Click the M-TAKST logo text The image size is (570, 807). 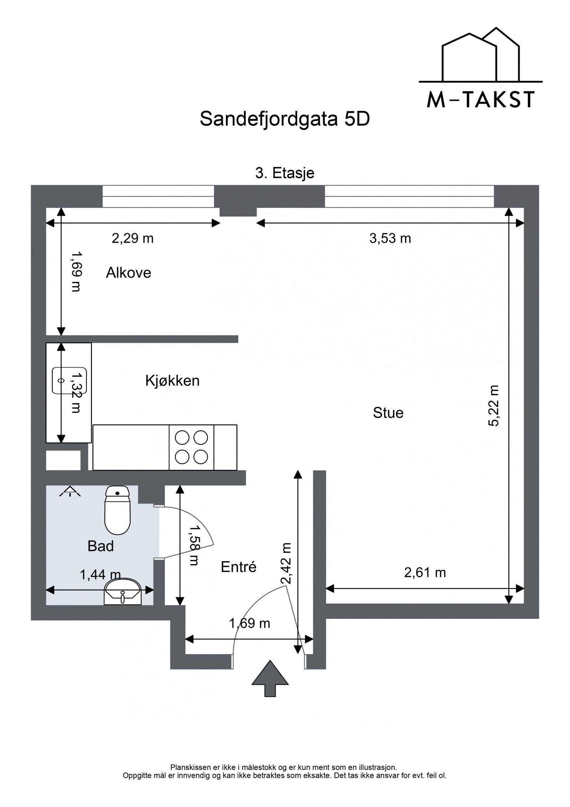click(480, 100)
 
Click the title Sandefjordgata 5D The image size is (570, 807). click(285, 119)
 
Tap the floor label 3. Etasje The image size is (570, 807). click(285, 173)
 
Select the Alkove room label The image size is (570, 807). click(128, 273)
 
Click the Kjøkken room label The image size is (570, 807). click(172, 381)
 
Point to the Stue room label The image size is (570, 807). click(388, 413)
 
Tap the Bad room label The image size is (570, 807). click(100, 546)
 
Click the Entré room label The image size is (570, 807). click(238, 567)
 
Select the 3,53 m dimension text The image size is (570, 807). click(390, 239)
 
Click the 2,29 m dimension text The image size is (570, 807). click(133, 239)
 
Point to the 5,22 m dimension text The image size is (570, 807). click(494, 406)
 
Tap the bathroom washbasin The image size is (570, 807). click(123, 592)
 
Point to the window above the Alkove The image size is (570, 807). click(158, 196)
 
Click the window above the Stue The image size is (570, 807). click(409, 196)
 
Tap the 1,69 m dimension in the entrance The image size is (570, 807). click(249, 624)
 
